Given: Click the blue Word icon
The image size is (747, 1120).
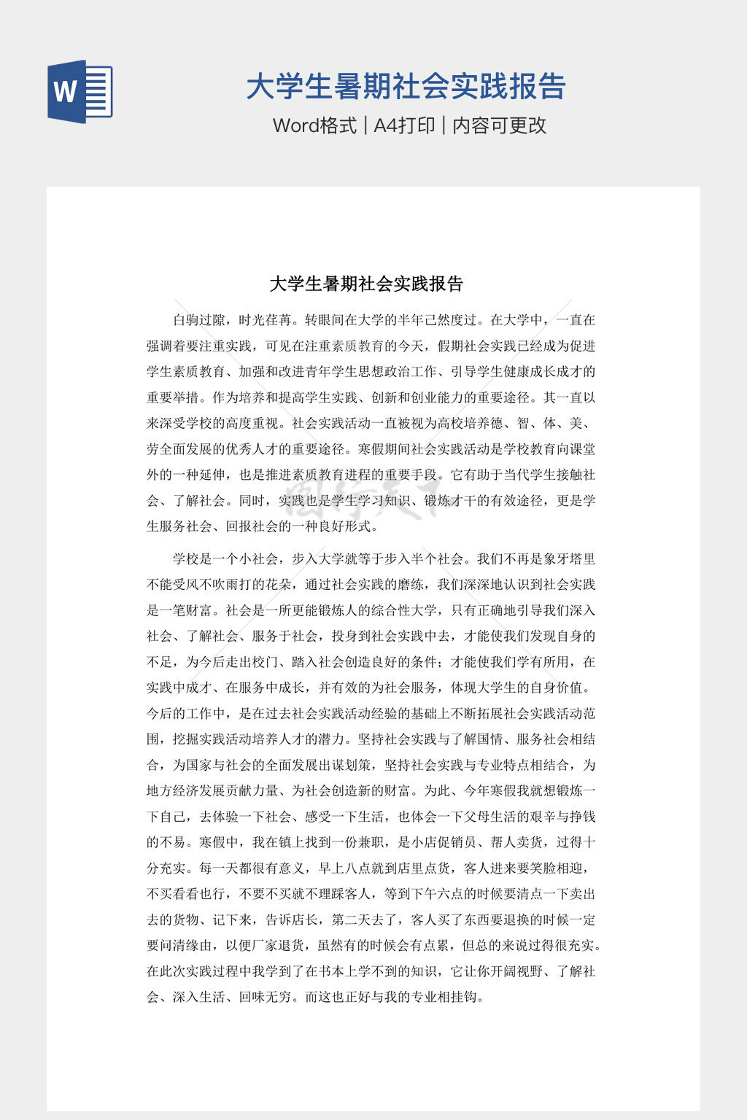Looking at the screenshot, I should point(80,91).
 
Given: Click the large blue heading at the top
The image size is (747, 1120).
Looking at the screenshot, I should point(406,86).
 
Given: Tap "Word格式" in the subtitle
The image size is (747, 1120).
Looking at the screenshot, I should point(314,125).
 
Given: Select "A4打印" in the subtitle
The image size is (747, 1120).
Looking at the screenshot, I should point(404,125).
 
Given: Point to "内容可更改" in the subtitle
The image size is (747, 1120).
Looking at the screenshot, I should point(499,125).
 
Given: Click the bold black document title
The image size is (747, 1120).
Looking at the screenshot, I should point(366,284).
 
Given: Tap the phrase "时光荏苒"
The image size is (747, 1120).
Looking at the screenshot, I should point(266,320).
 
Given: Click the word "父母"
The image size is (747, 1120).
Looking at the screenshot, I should point(470,817).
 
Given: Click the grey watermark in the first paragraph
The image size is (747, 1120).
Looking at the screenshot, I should point(365,496).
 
